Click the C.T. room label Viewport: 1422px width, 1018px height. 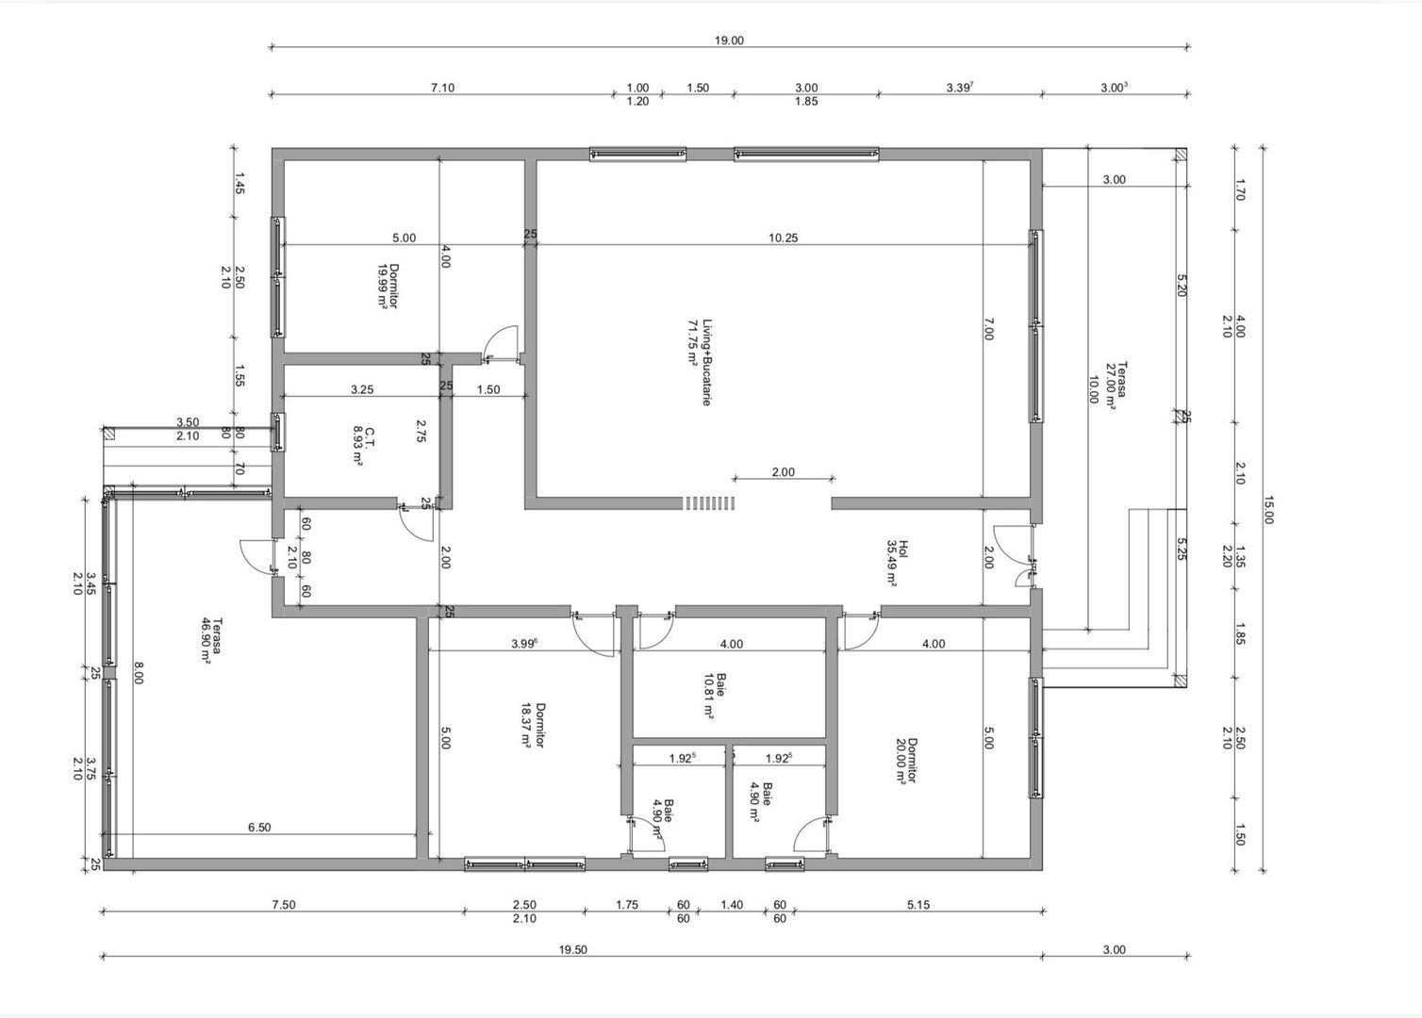[x=370, y=436]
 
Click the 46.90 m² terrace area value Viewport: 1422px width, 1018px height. [x=205, y=641]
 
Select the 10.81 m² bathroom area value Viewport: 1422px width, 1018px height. [x=708, y=696]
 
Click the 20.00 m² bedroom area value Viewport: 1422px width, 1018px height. [x=901, y=761]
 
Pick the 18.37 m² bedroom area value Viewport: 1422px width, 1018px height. [x=526, y=724]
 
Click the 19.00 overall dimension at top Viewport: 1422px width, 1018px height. [x=729, y=41]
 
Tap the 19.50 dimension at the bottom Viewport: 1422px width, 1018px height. [x=572, y=950]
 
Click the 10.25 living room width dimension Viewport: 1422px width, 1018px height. [x=783, y=238]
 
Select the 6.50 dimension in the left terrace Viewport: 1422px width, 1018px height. [x=259, y=828]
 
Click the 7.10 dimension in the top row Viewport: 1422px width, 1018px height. [x=442, y=88]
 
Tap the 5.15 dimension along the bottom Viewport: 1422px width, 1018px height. [x=918, y=905]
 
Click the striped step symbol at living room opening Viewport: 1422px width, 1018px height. [x=709, y=503]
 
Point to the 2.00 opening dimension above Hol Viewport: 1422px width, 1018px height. [x=783, y=472]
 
